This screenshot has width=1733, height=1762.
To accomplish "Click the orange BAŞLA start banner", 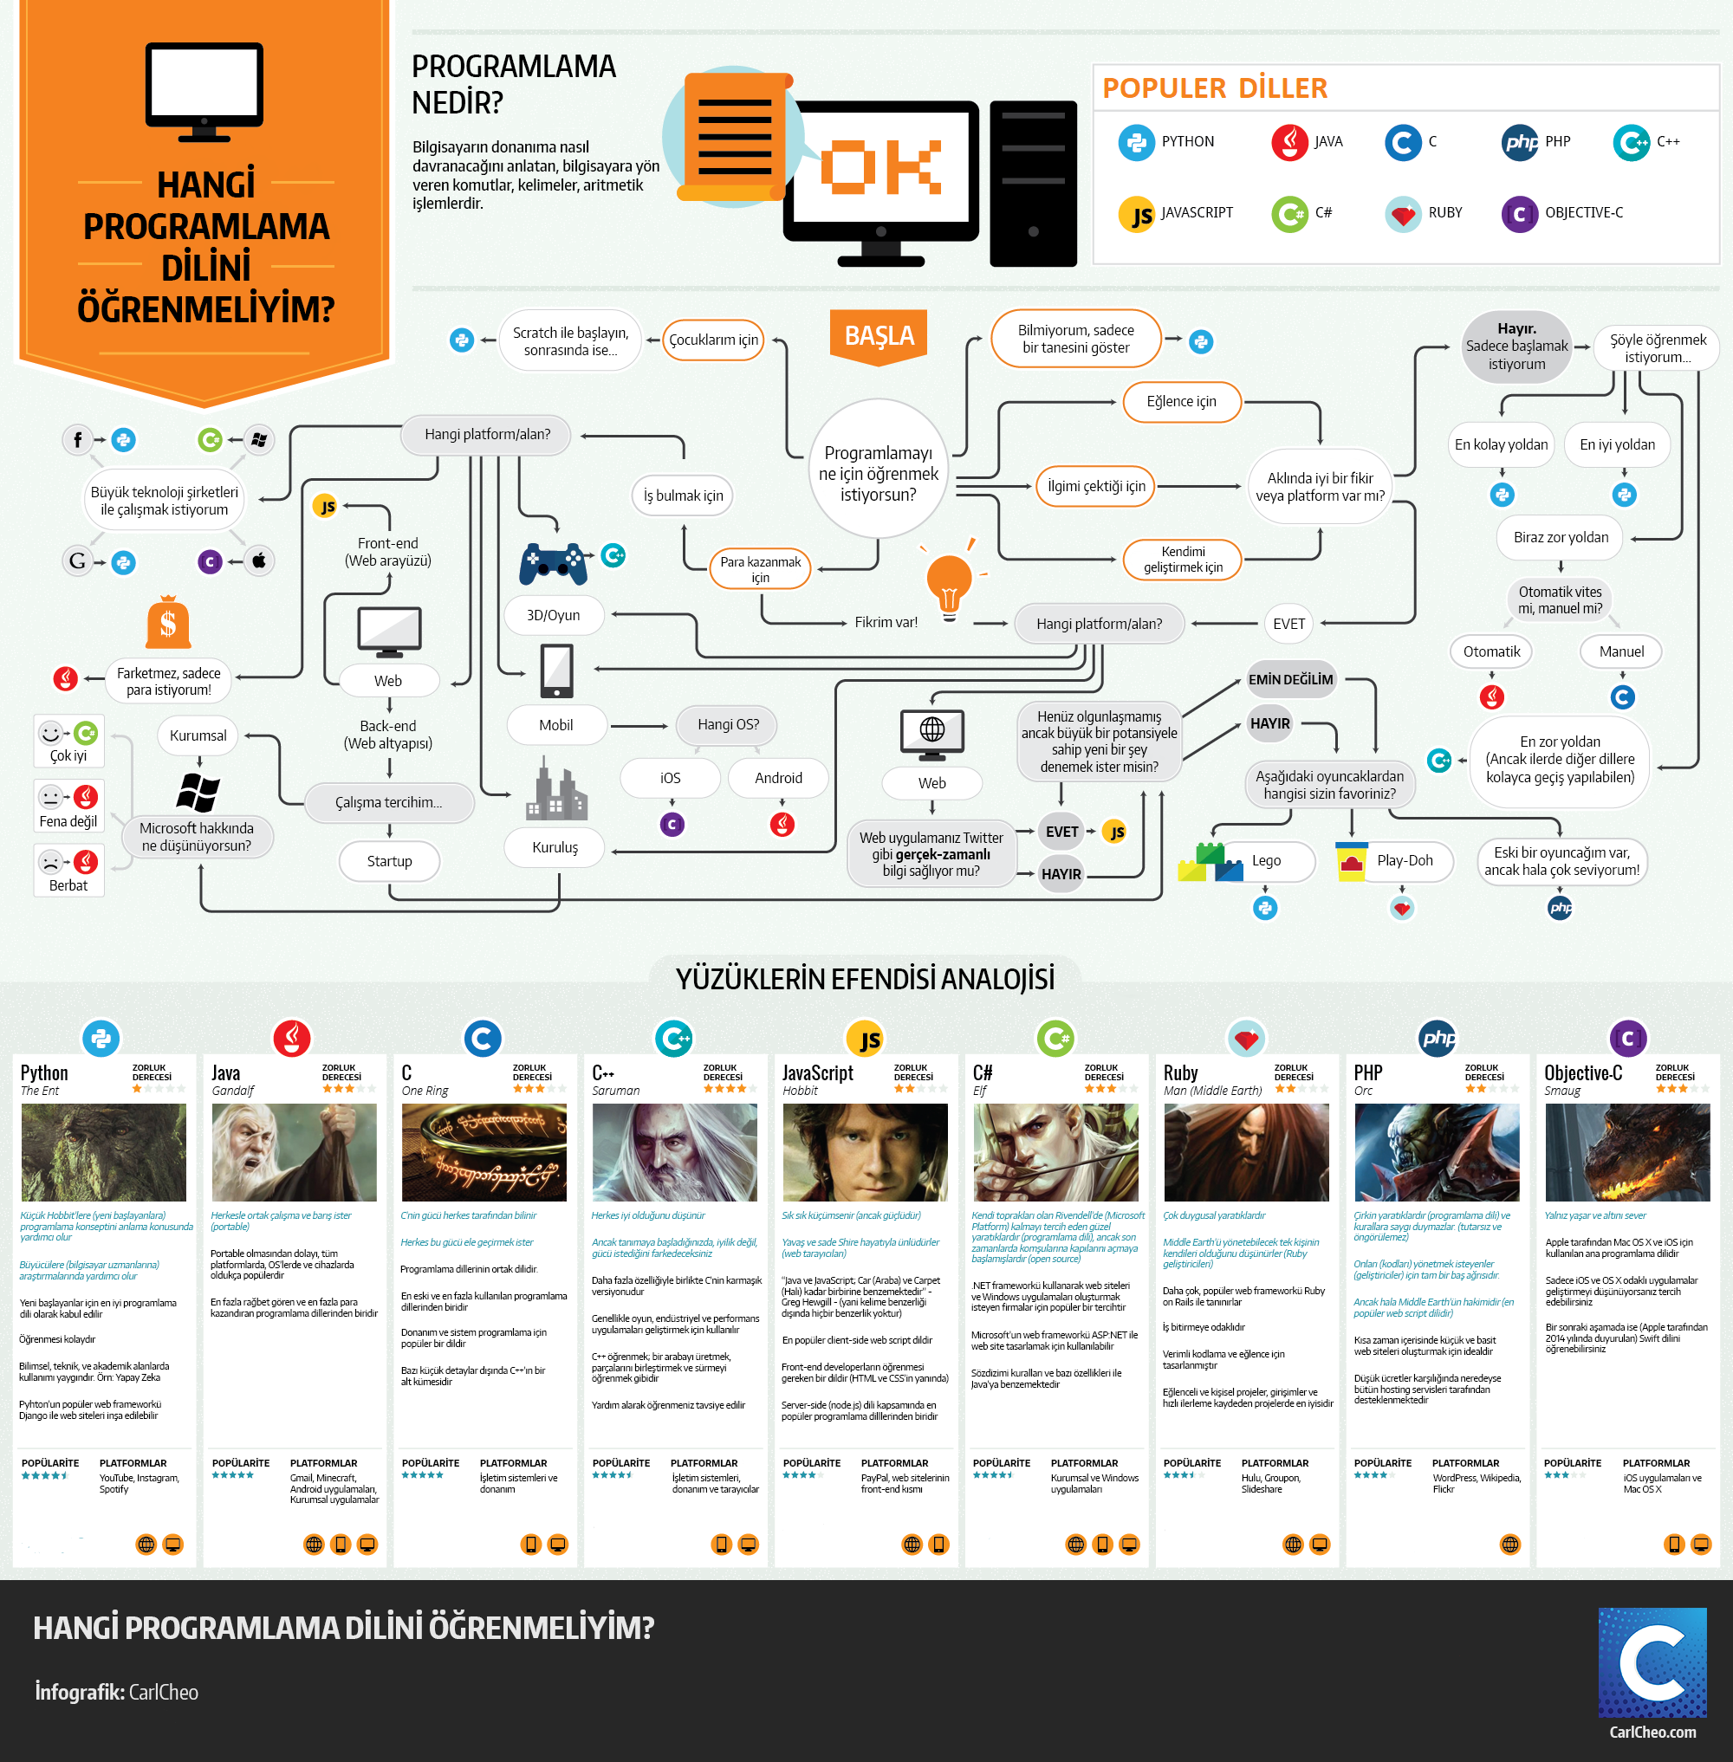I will (x=879, y=336).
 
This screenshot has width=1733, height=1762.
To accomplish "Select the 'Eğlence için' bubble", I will (x=1180, y=401).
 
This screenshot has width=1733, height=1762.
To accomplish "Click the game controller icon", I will (x=553, y=563).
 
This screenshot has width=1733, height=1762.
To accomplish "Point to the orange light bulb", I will (x=949, y=583).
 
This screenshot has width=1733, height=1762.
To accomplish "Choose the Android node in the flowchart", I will (x=778, y=778).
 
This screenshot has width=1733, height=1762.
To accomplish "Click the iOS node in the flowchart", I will (x=670, y=778).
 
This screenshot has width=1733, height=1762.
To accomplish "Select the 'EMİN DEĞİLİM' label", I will (x=1289, y=680).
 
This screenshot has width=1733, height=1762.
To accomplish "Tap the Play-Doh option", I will (x=1404, y=861).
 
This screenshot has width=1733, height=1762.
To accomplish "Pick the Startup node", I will (x=389, y=861).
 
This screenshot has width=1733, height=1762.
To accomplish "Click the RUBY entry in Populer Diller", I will (x=1444, y=213).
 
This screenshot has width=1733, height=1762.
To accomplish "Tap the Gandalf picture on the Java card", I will (x=294, y=1152).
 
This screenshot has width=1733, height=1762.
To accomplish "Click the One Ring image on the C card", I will (x=484, y=1152).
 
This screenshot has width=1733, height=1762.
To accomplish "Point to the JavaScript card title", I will (x=817, y=1073).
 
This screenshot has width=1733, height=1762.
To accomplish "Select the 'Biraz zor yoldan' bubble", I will (x=1560, y=538).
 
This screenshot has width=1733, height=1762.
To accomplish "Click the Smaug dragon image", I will (x=1626, y=1152).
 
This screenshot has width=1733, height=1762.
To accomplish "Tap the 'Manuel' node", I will (x=1621, y=651).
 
